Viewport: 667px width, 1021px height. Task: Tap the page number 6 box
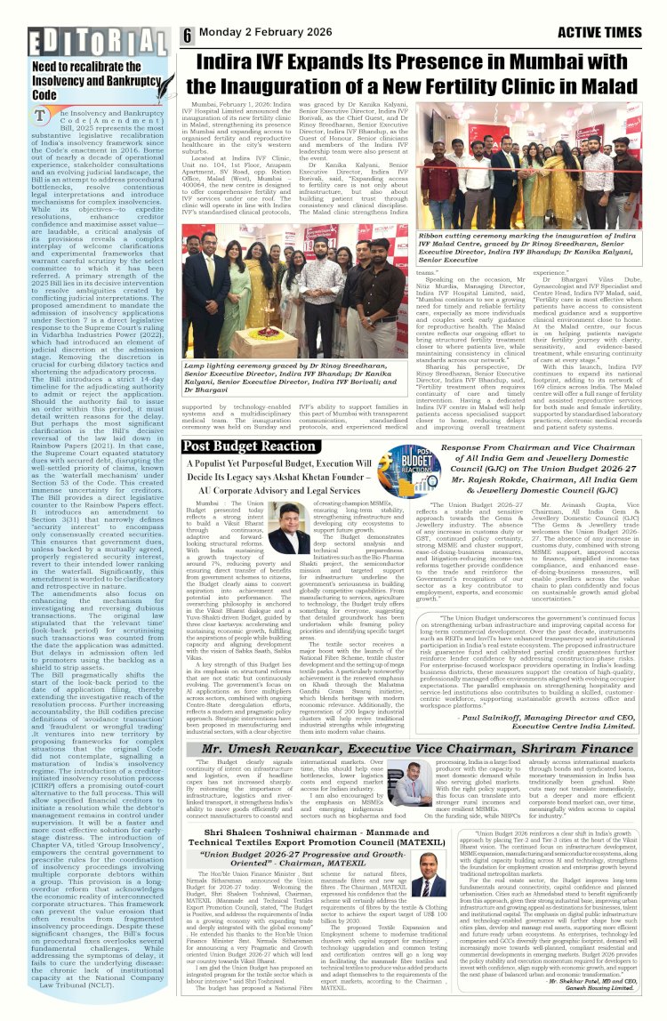pyautogui.click(x=189, y=36)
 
